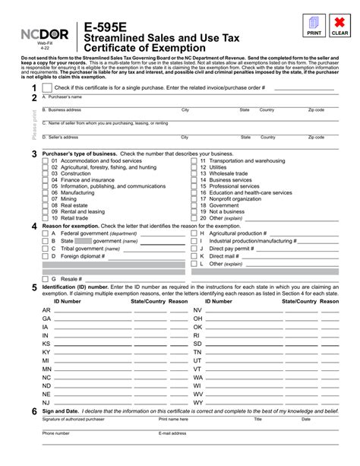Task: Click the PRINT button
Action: [313, 25]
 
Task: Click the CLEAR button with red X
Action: [339, 25]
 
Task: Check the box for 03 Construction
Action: [45, 173]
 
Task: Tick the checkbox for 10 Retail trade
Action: [45, 217]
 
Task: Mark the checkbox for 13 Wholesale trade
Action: [193, 173]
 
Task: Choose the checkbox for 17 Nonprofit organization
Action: [193, 198]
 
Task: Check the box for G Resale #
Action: [45, 279]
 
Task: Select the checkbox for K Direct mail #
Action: [193, 256]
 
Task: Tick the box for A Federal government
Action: [45, 233]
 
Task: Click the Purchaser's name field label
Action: [60, 97]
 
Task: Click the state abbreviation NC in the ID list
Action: [46, 377]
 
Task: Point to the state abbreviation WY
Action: [198, 402]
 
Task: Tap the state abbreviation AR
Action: [46, 310]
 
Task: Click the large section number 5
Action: [33, 288]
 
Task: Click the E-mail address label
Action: [172, 433]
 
